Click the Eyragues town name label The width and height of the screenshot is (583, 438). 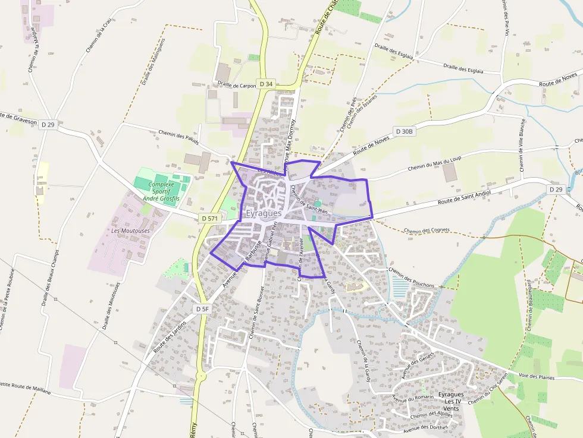pos(264,213)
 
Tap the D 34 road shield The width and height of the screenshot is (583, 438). pos(266,84)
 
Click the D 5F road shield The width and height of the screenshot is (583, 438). pos(202,309)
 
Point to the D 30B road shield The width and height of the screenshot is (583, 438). pos(403,131)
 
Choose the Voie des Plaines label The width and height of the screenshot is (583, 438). pos(537,377)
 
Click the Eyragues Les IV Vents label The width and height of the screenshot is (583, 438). pos(450,402)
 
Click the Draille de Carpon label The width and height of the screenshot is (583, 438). pos(236,85)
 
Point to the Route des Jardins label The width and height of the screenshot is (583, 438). pos(170,336)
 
